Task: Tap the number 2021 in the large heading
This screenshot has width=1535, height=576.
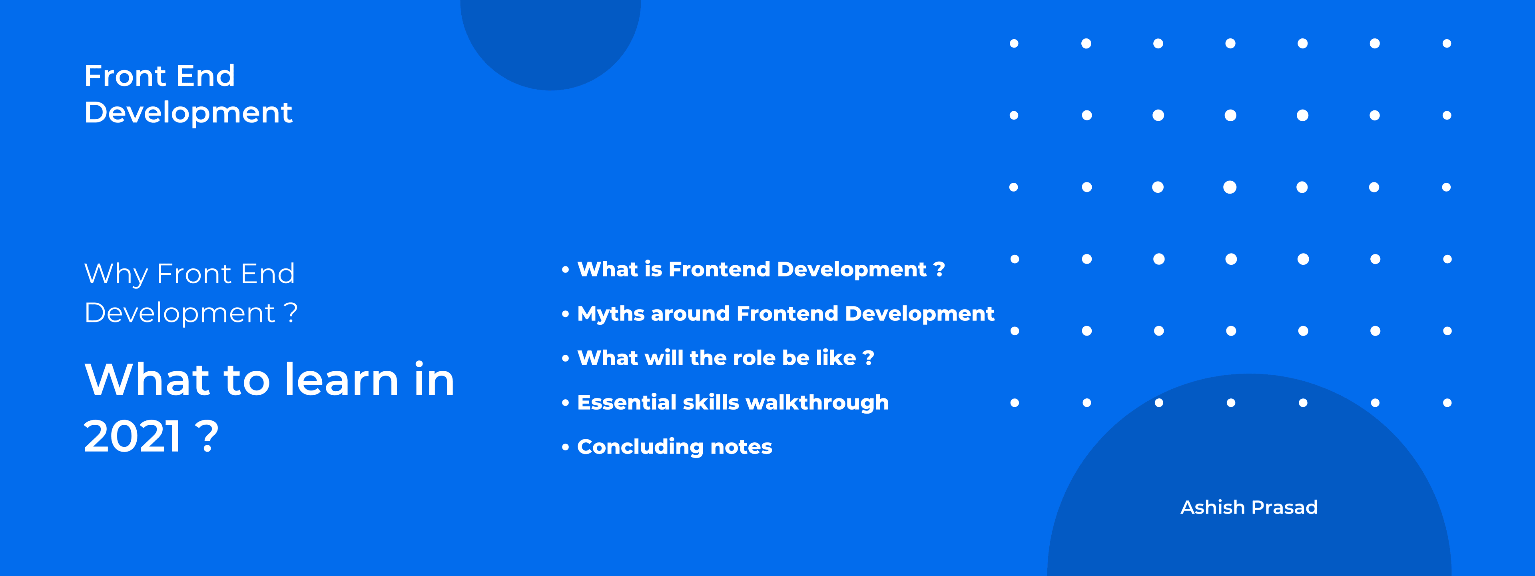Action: pyautogui.click(x=132, y=436)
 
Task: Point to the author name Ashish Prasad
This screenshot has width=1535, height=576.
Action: pyautogui.click(x=1249, y=508)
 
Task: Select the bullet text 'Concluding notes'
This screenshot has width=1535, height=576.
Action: pyautogui.click(x=674, y=447)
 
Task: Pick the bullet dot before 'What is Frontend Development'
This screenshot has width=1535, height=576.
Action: pyautogui.click(x=566, y=270)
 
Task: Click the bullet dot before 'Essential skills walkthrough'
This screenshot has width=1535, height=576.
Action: pyautogui.click(x=566, y=403)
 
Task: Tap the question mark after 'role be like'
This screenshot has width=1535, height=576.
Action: pyautogui.click(x=868, y=358)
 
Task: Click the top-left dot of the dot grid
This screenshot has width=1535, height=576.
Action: pyautogui.click(x=1014, y=44)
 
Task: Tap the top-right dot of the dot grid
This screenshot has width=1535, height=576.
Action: pyautogui.click(x=1447, y=44)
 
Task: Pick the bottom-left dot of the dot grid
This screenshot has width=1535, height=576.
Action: pyautogui.click(x=1015, y=403)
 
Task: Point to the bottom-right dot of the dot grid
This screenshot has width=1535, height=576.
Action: pyautogui.click(x=1447, y=403)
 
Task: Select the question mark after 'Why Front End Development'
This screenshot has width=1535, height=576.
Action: pyautogui.click(x=290, y=312)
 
